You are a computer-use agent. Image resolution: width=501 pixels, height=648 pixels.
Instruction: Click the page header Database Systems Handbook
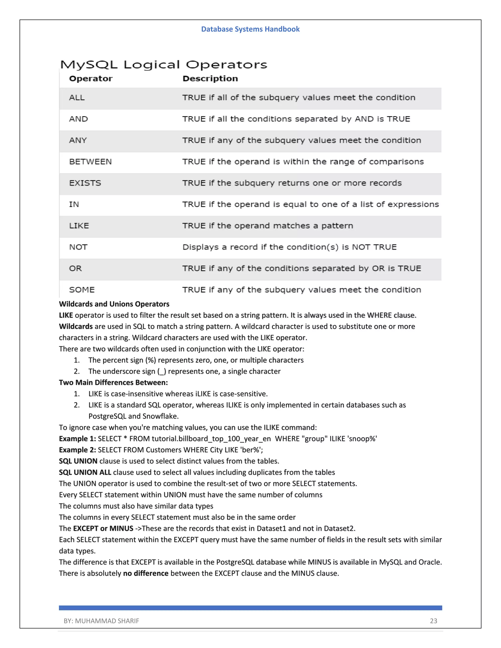click(x=250, y=29)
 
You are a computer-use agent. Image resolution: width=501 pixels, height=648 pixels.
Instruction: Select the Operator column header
click(x=91, y=79)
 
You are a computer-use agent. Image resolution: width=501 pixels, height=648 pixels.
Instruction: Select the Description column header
click(x=210, y=79)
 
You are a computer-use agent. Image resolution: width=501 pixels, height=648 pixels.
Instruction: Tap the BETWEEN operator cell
click(x=90, y=162)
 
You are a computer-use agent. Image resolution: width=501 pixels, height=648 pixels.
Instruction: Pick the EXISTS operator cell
click(x=85, y=183)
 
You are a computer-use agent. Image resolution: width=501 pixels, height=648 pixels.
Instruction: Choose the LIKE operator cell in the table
click(x=79, y=226)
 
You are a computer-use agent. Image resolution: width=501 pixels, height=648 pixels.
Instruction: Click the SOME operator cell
click(x=82, y=290)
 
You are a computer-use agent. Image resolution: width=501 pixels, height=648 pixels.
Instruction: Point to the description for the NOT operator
click(x=289, y=247)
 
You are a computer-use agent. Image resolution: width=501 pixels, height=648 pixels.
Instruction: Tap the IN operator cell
click(x=74, y=204)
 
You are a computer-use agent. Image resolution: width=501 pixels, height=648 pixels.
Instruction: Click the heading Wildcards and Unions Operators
click(x=114, y=304)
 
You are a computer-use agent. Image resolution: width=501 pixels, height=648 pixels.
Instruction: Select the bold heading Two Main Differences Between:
click(x=113, y=382)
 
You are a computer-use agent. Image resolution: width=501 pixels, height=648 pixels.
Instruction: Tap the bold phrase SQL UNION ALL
click(x=85, y=472)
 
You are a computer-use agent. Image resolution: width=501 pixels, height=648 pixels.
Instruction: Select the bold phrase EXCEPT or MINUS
click(x=103, y=528)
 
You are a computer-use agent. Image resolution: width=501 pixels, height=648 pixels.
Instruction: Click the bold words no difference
click(x=146, y=573)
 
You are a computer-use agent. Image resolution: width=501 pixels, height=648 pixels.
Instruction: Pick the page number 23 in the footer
click(x=433, y=621)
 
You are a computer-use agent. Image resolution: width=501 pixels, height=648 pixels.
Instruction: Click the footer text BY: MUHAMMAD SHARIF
click(x=101, y=621)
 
